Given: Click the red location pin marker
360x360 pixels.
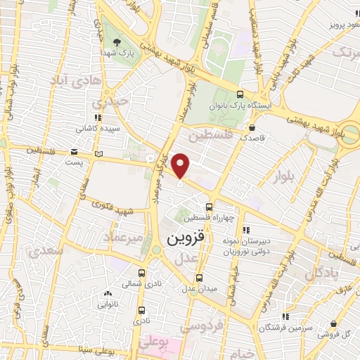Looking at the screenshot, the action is click(x=181, y=166).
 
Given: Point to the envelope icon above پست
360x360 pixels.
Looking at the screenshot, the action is click(x=75, y=151).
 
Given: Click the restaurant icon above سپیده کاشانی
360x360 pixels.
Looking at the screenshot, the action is click(x=97, y=120).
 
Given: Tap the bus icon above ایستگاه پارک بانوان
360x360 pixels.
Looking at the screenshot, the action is click(x=240, y=95).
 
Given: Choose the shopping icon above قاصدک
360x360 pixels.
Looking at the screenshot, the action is click(x=252, y=128).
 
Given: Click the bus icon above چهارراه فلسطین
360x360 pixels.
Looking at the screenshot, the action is click(x=209, y=207).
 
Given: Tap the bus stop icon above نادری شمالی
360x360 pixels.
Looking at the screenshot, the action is click(x=142, y=274).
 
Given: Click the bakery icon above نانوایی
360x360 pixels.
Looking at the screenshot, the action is click(x=107, y=294).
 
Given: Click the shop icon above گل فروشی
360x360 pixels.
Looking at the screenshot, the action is click(x=334, y=324).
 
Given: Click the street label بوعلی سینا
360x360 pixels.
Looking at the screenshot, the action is click(x=85, y=348).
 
